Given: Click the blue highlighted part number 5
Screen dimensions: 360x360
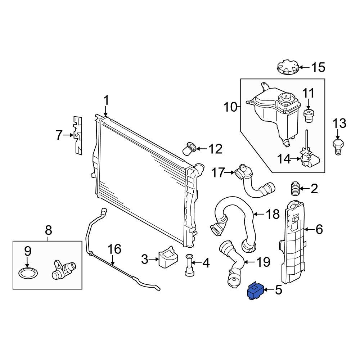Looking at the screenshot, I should tap(255, 291).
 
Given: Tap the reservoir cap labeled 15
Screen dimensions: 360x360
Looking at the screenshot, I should tap(288, 68).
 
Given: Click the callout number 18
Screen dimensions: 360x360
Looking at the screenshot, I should tap(273, 215).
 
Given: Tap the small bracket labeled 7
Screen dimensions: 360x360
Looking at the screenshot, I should tap(78, 135).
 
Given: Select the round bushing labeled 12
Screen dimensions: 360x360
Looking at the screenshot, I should tap(190, 148).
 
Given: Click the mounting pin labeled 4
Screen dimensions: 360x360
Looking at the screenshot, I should tap(189, 265).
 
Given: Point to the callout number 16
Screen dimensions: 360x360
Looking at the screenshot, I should tap(114, 249).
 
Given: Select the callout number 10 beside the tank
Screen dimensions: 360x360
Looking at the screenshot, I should tap(231, 107).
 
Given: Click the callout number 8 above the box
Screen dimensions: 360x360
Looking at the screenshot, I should tap(48, 229).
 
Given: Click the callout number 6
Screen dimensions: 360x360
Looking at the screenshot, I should tap(319, 229).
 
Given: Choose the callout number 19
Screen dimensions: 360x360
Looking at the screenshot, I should tap(263, 262).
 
